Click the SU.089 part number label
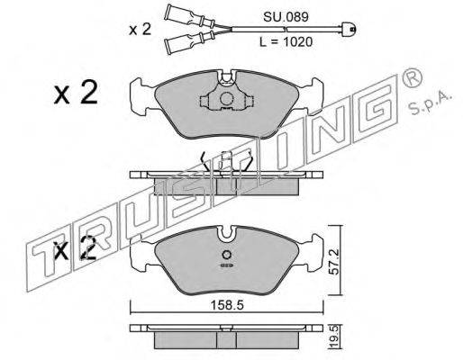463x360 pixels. click(286, 17)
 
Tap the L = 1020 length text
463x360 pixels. click(286, 42)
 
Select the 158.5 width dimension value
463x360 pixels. click(227, 306)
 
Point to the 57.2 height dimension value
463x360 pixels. click(335, 261)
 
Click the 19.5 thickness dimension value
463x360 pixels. click(335, 338)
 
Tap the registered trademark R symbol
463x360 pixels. click(411, 78)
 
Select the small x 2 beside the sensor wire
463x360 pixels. click(140, 30)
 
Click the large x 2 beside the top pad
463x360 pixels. click(76, 93)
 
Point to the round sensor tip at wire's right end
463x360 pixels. click(350, 29)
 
